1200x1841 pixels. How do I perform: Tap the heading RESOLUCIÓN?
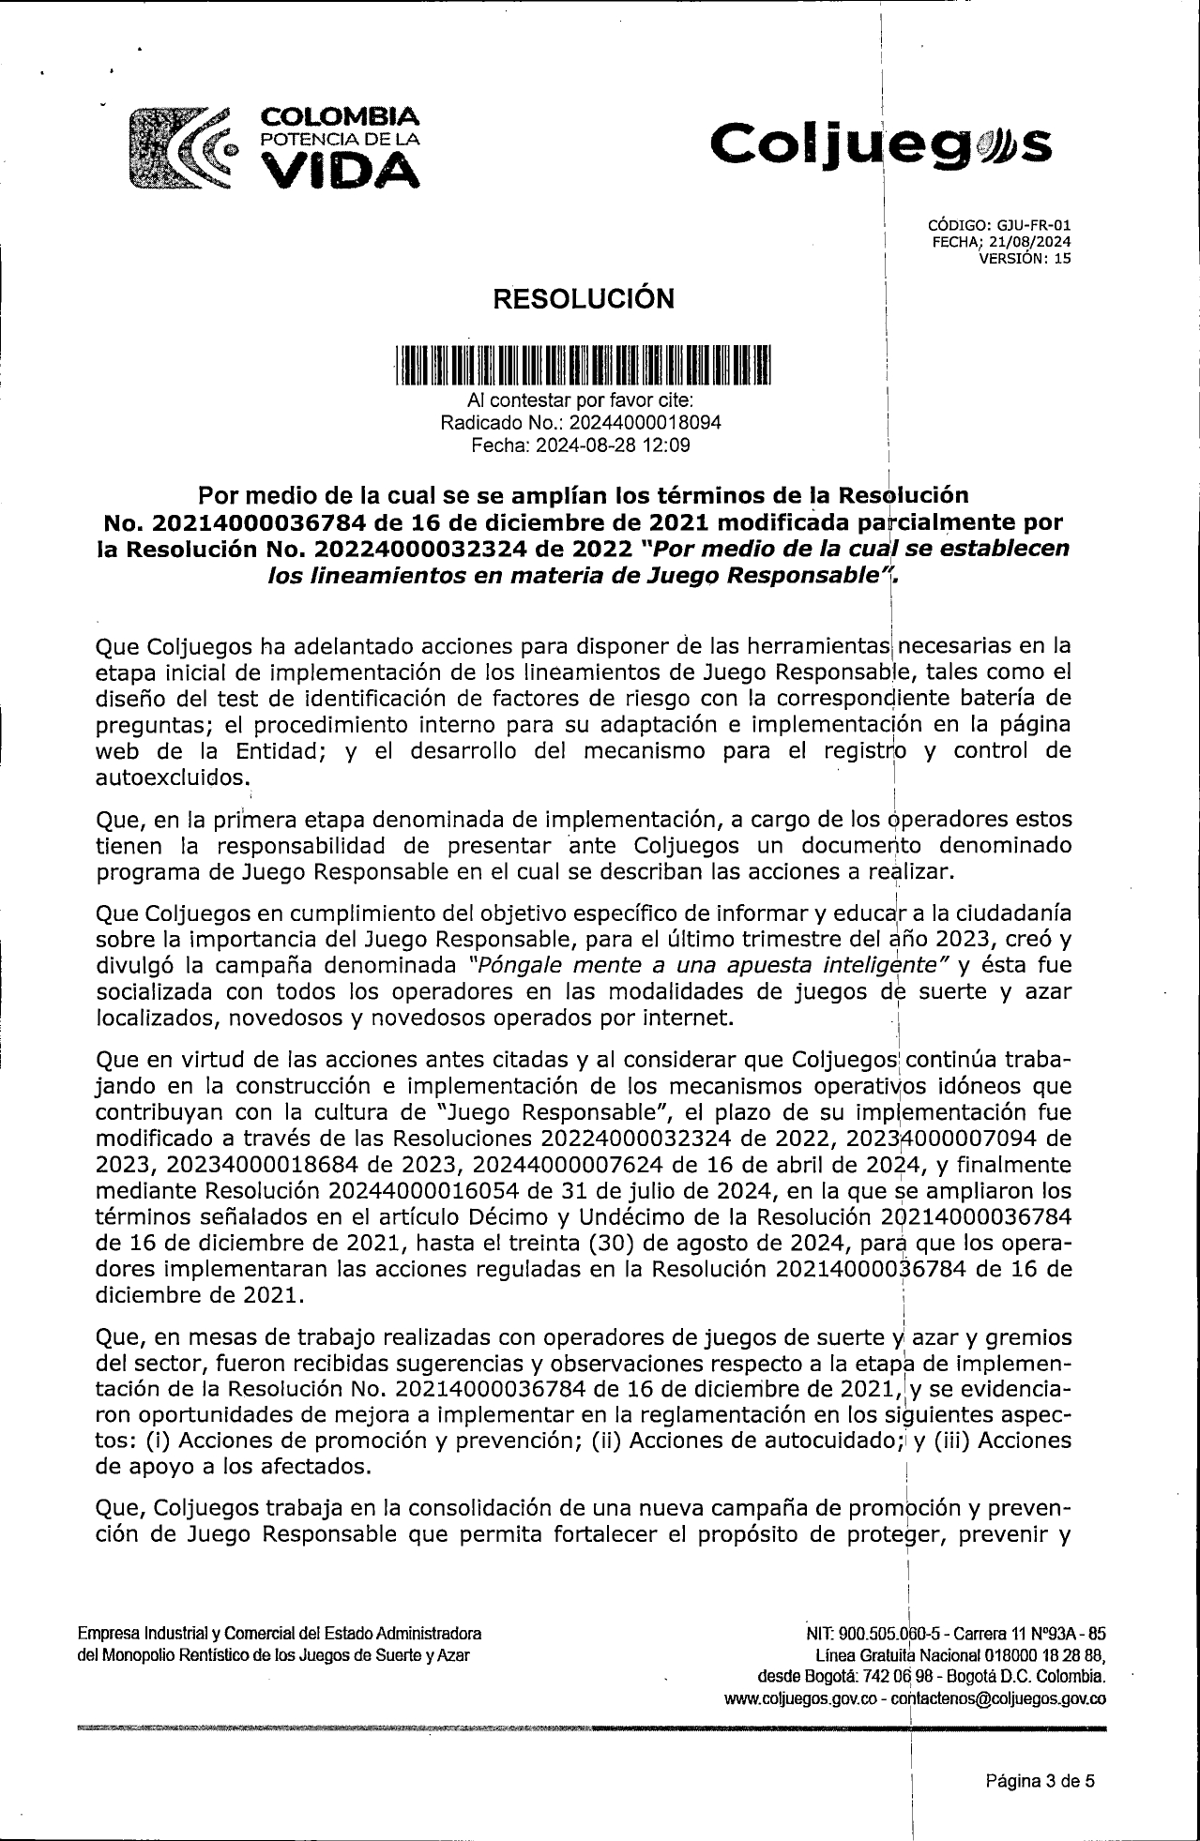click(584, 299)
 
